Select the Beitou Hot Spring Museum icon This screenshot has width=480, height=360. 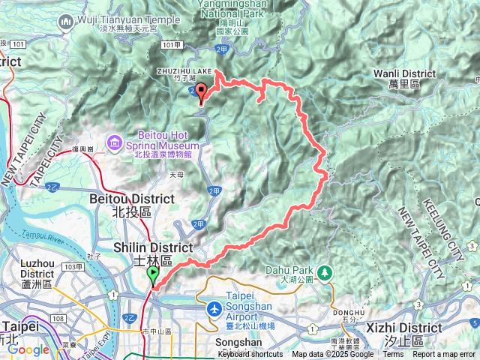(x=114, y=141)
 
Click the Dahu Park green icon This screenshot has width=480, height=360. (x=325, y=271)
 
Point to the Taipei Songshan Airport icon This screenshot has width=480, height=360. (x=214, y=309)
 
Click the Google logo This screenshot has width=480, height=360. (x=28, y=349)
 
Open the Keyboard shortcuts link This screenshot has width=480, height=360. (x=250, y=355)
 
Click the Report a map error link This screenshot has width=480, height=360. (x=445, y=355)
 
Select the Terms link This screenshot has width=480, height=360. (x=393, y=355)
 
